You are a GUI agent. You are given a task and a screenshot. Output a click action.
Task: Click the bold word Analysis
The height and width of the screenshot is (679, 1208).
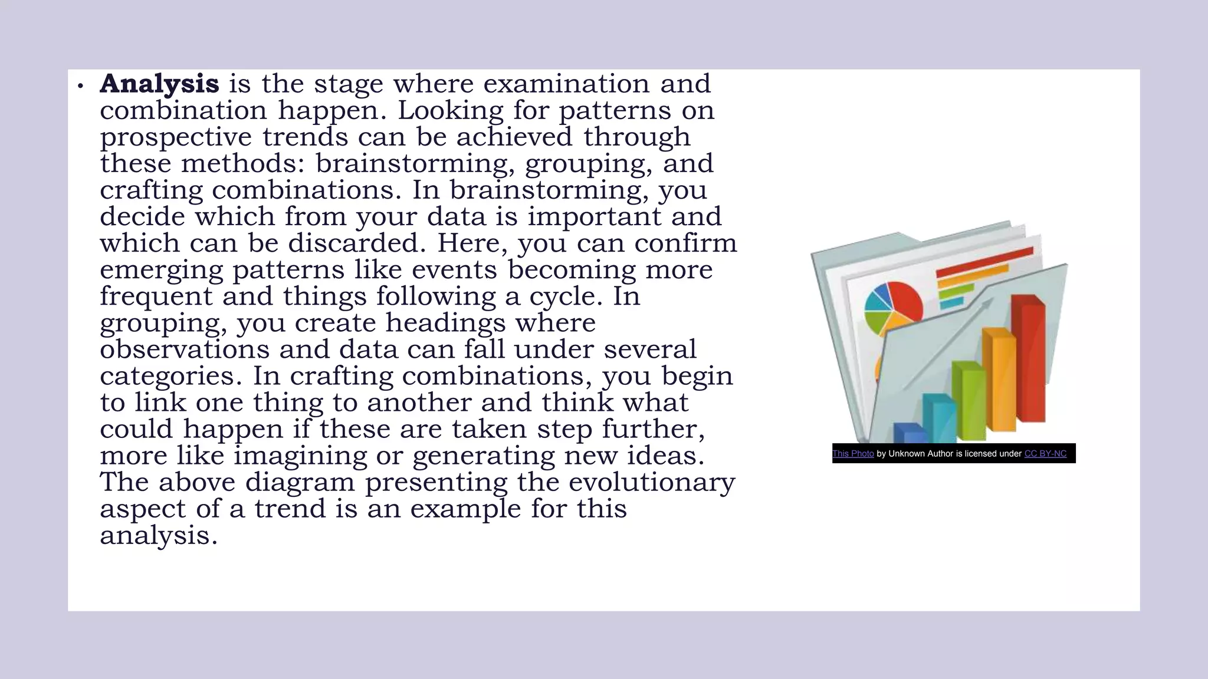(x=159, y=84)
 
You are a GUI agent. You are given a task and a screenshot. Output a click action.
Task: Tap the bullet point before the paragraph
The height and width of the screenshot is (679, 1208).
(x=81, y=87)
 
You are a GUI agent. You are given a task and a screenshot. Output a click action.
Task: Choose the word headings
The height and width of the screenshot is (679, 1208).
(x=446, y=323)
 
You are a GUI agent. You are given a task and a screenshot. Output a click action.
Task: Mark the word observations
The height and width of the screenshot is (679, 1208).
(x=185, y=350)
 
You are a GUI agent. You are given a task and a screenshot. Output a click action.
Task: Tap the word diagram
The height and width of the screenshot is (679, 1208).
(x=300, y=482)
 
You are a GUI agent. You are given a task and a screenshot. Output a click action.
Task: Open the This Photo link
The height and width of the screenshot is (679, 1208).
(x=853, y=454)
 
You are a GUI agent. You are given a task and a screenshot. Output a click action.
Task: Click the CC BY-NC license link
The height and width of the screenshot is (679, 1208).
(x=1045, y=454)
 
